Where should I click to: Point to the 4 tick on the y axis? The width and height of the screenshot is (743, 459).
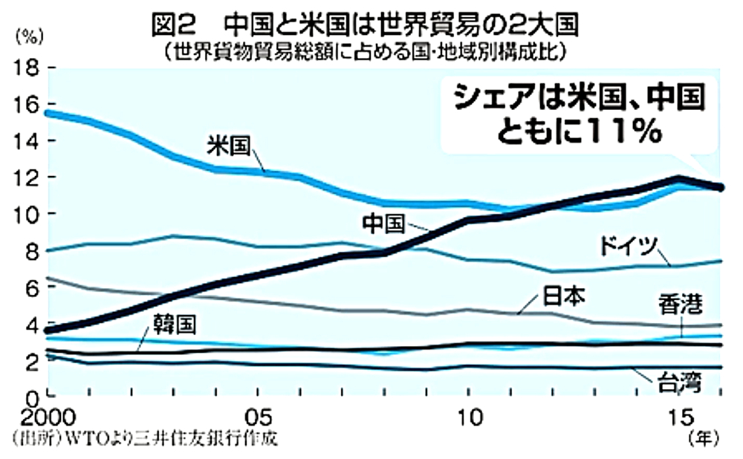(32, 325)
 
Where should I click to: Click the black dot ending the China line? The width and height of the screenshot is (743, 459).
(721, 187)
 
